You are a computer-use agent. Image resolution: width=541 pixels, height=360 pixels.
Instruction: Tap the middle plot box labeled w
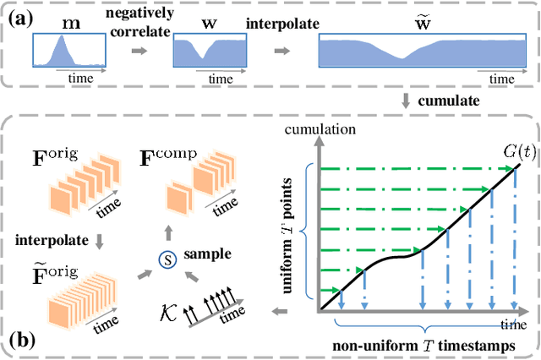210,50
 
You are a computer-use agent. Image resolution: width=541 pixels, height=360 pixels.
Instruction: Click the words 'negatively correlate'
139,23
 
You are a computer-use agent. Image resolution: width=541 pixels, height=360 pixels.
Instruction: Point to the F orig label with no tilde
53,157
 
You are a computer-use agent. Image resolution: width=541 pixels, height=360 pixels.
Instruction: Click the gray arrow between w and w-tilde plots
281,51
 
